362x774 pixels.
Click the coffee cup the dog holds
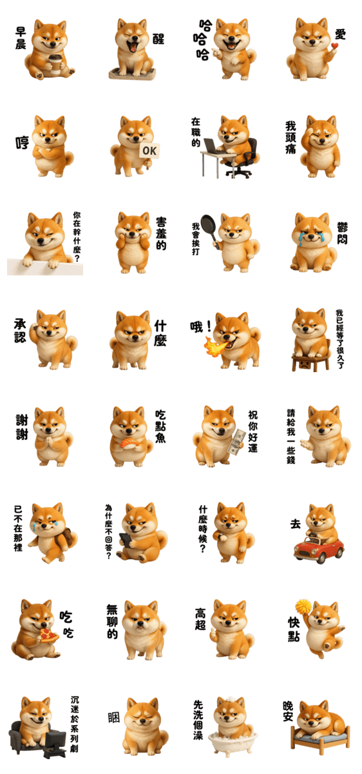pyautogui.click(x=55, y=64)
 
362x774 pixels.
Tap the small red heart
pyautogui.click(x=334, y=46)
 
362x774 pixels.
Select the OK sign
pyautogui.click(x=149, y=151)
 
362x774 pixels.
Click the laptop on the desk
pyautogui.click(x=213, y=146)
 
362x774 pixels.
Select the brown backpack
pyautogui.click(x=70, y=537)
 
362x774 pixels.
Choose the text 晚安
pyautogui.click(x=288, y=711)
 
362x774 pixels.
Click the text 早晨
pyautogui.click(x=20, y=38)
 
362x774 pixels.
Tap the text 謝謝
pyautogui.click(x=22, y=427)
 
